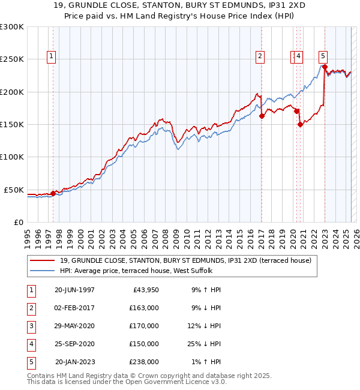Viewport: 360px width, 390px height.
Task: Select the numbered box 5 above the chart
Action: point(323,56)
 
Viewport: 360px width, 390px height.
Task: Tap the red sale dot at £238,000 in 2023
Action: point(325,67)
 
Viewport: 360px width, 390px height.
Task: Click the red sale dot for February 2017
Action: point(262,116)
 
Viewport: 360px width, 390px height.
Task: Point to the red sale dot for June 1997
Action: point(53,193)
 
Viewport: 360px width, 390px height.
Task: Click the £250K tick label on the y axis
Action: point(12,59)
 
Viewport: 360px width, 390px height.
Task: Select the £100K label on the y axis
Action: point(12,157)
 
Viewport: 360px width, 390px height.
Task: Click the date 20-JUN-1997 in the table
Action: point(74,290)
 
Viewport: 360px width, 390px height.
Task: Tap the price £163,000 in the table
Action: point(144,308)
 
